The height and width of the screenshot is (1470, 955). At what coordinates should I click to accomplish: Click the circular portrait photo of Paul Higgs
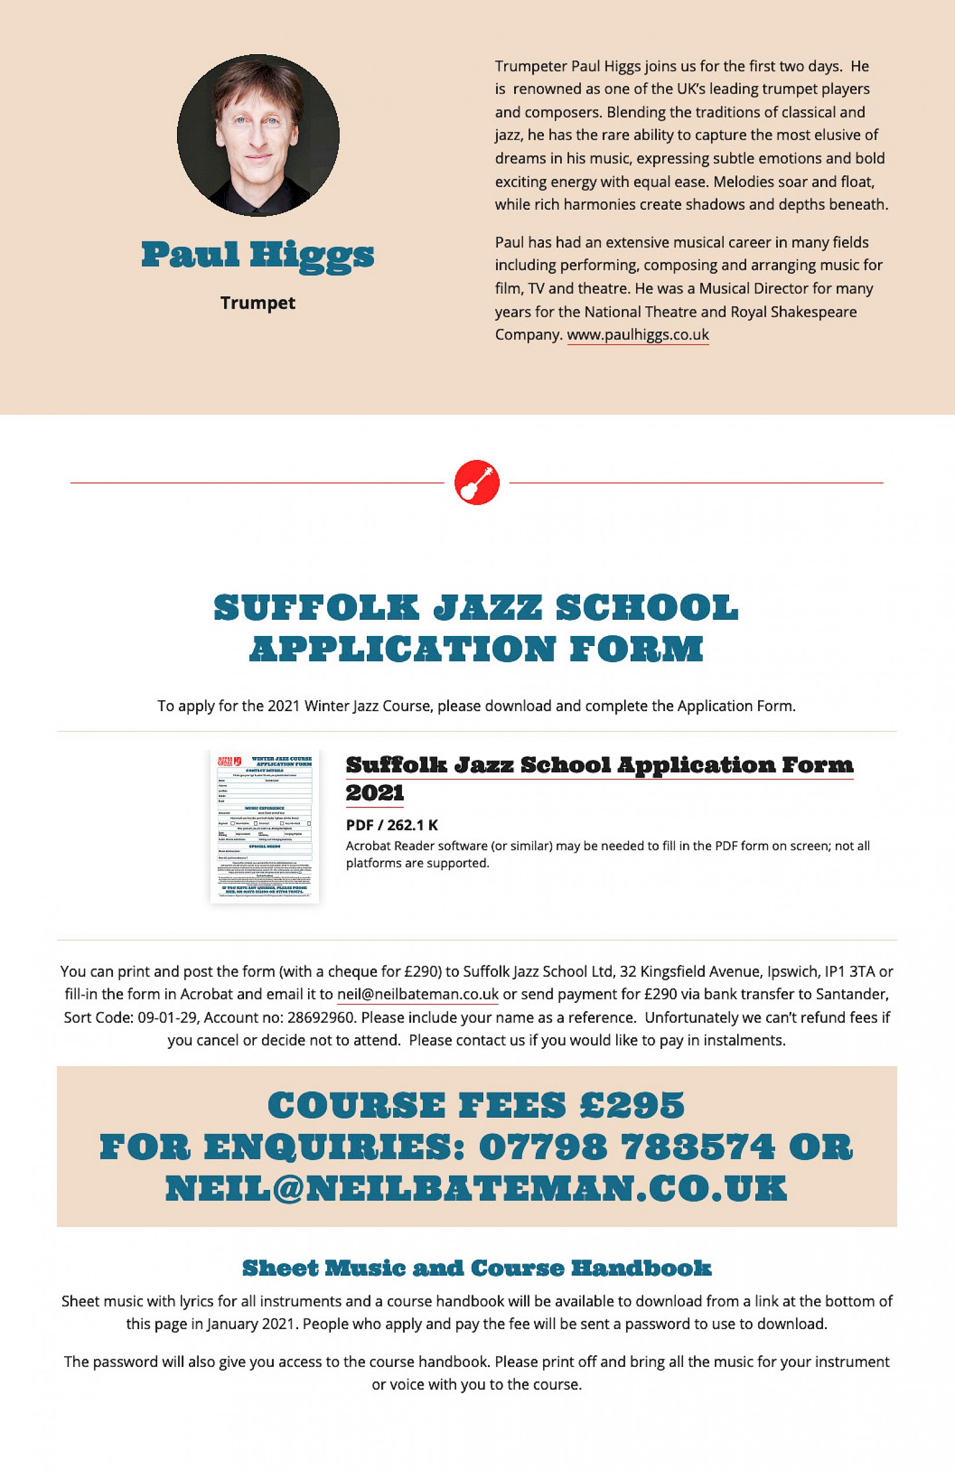pyautogui.click(x=257, y=135)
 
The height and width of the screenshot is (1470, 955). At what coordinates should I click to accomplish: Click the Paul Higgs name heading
pyautogui.click(x=257, y=255)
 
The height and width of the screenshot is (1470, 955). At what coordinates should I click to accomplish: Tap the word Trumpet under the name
pyautogui.click(x=257, y=303)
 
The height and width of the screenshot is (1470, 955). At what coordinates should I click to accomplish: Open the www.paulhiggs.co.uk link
pyautogui.click(x=638, y=335)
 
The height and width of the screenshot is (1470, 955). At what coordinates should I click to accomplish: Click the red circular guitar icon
pyautogui.click(x=477, y=482)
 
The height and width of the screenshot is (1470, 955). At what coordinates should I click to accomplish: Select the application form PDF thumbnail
pyautogui.click(x=264, y=826)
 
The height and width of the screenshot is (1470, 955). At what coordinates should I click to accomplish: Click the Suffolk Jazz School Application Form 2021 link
pyautogui.click(x=599, y=766)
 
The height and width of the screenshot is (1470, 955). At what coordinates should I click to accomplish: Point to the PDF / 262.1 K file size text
pyautogui.click(x=392, y=825)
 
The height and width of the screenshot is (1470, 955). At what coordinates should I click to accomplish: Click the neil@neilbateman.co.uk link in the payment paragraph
pyautogui.click(x=418, y=994)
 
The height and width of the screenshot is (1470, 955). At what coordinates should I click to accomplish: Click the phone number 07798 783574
pyautogui.click(x=627, y=1147)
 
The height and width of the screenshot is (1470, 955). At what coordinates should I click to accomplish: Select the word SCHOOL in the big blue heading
pyautogui.click(x=647, y=608)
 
